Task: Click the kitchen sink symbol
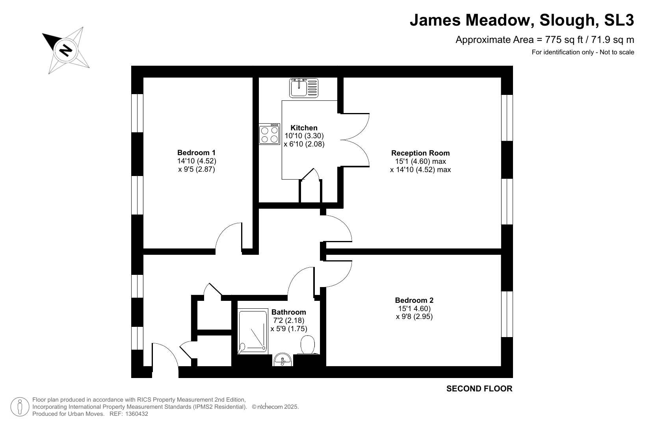point(304,88)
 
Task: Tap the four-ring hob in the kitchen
point(269,134)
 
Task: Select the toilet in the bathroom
point(308,345)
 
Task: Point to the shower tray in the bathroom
point(253,331)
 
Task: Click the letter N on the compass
point(66,51)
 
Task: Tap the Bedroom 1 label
point(196,152)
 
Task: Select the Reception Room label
point(420,153)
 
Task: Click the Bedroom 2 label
point(414,300)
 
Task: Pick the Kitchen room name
point(304,128)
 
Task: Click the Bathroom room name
point(288,312)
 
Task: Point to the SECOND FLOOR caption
point(480,389)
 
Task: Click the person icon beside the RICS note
point(20,407)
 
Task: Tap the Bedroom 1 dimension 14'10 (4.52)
point(197,161)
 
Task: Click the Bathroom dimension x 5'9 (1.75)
point(289,329)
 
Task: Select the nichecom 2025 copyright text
point(275,407)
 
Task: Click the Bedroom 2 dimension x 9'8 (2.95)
point(415,317)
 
